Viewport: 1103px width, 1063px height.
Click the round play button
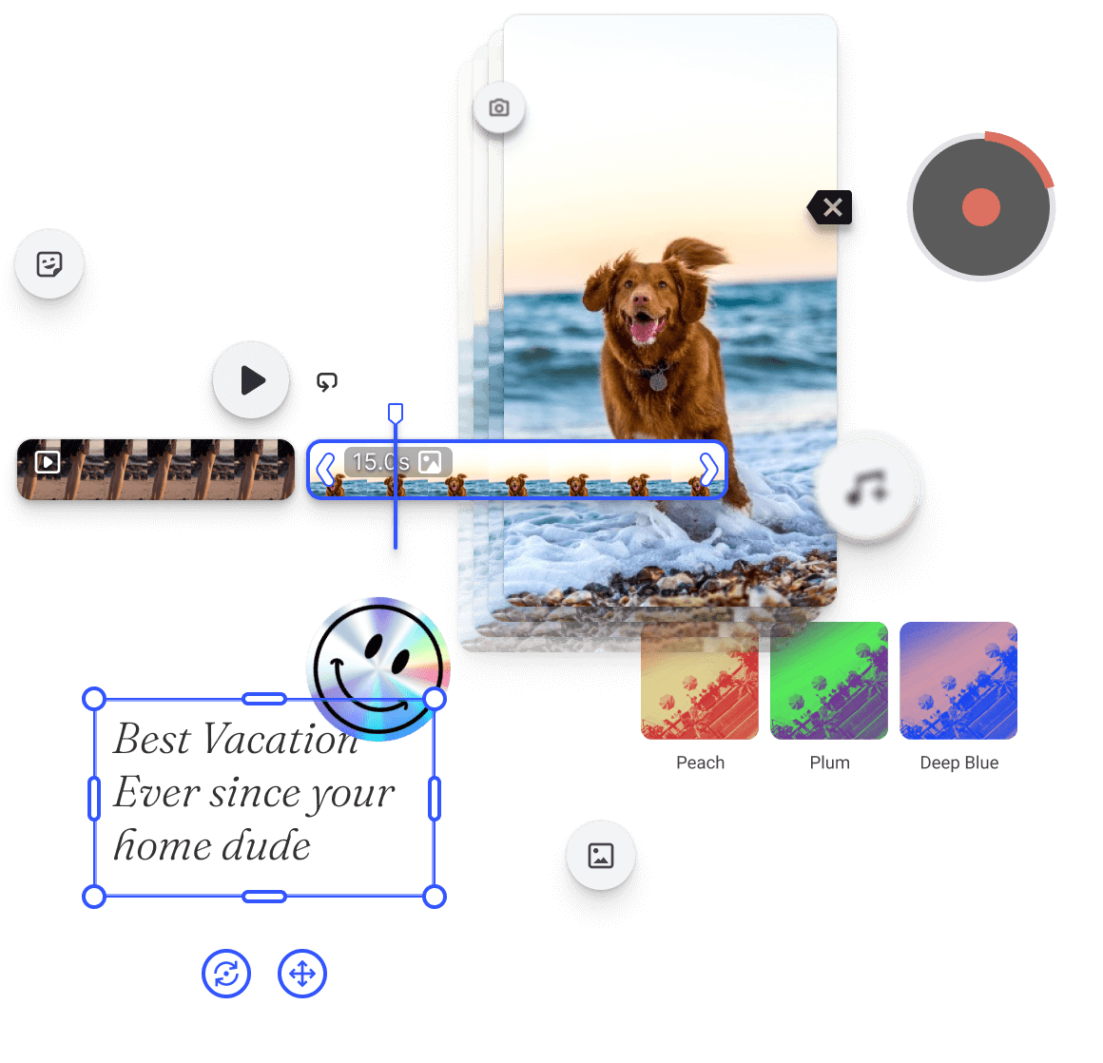[251, 380]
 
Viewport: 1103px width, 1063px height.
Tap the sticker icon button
[49, 263]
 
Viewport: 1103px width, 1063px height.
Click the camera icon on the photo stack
[498, 107]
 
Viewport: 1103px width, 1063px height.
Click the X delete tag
[831, 207]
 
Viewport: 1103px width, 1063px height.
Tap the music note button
[868, 486]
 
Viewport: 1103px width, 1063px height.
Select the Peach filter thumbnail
[700, 681]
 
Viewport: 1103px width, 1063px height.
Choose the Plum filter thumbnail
[829, 681]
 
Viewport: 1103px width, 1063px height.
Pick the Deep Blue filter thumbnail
[958, 681]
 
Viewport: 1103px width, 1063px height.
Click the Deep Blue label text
[958, 763]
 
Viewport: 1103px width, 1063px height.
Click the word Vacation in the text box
[281, 740]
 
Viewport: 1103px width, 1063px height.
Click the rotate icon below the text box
[226, 974]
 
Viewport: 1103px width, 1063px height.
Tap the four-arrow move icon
[302, 974]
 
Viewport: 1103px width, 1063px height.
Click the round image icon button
[601, 856]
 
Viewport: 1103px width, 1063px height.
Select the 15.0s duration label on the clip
[380, 462]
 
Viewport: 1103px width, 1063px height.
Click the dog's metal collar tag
[658, 381]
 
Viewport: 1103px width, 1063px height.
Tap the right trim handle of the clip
[708, 469]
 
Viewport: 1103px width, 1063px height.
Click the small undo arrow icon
[327, 382]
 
